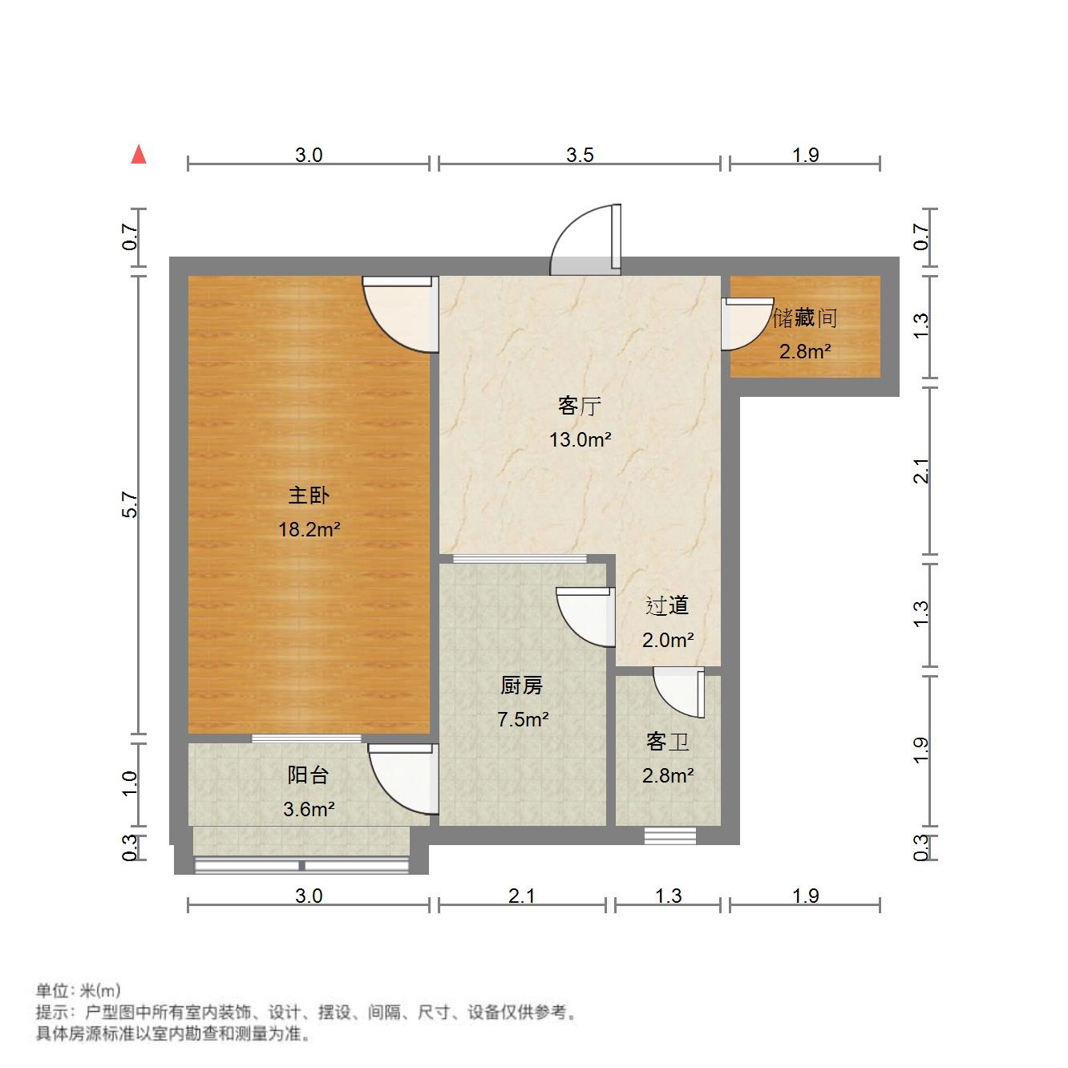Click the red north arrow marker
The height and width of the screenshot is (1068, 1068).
pyautogui.click(x=139, y=154)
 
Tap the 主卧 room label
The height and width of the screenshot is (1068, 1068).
pyautogui.click(x=309, y=496)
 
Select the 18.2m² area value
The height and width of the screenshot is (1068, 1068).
pyautogui.click(x=309, y=529)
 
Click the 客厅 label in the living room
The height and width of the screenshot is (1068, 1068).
pyautogui.click(x=579, y=406)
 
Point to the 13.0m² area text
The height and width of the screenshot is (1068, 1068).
pyautogui.click(x=580, y=439)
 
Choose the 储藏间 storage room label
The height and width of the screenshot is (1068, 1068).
pyautogui.click(x=805, y=318)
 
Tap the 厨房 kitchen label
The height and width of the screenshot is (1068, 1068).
pyautogui.click(x=521, y=686)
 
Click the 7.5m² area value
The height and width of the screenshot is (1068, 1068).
pyautogui.click(x=523, y=719)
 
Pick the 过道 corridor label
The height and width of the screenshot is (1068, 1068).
pyautogui.click(x=667, y=606)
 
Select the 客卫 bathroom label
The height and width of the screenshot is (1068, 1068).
pyautogui.click(x=667, y=742)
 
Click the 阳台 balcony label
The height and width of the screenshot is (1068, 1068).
pyautogui.click(x=308, y=775)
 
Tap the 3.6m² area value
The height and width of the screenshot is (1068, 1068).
pyautogui.click(x=309, y=809)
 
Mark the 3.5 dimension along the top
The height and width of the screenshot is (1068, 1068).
pyautogui.click(x=579, y=155)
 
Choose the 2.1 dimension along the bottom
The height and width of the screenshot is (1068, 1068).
pyautogui.click(x=521, y=896)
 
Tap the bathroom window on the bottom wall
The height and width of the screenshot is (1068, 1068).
pyautogui.click(x=670, y=836)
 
